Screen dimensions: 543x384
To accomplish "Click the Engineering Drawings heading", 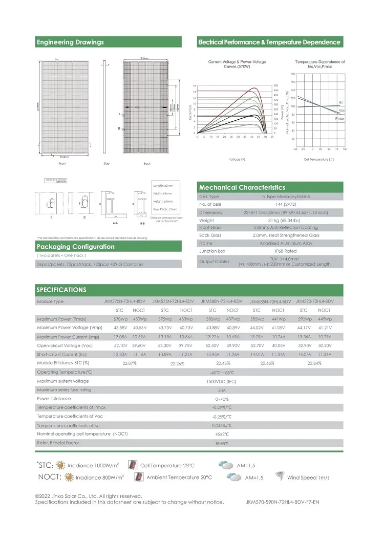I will click(70, 42).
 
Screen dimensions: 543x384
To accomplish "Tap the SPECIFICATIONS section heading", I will click(62, 290).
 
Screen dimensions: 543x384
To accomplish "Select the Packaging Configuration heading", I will click(75, 247).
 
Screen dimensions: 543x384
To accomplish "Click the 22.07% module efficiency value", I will click(128, 363).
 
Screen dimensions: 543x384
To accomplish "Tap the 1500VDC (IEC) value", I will click(221, 381).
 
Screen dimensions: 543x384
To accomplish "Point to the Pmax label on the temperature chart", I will click(339, 118).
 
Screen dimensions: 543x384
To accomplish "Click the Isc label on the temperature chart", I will click(341, 103).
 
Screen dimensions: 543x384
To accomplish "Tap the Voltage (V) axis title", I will click(236, 160).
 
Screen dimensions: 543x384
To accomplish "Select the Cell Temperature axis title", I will click(318, 160).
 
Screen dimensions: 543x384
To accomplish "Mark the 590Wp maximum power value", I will click(304, 319).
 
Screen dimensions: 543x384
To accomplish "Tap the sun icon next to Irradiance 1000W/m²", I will click(61, 466).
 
